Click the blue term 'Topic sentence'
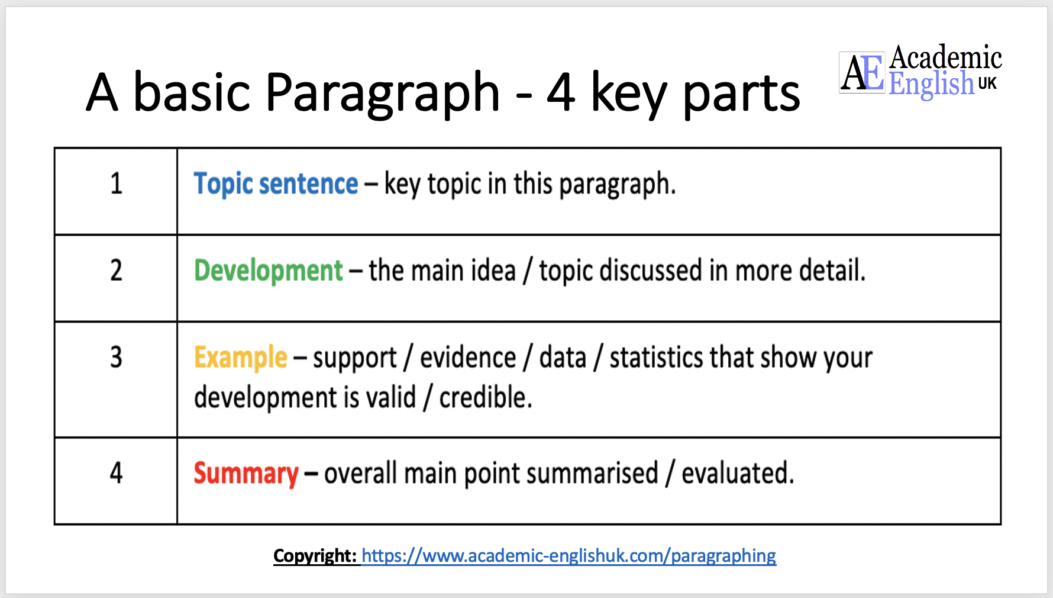(276, 184)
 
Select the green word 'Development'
(269, 271)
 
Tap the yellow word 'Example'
(240, 358)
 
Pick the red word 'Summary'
(246, 474)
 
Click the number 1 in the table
(117, 184)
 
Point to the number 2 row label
(117, 271)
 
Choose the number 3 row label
(117, 358)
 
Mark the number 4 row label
(117, 474)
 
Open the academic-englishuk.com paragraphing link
(569, 556)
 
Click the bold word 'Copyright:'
(315, 556)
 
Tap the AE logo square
(862, 73)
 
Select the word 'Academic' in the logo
(945, 58)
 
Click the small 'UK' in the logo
(987, 83)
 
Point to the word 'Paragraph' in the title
(383, 92)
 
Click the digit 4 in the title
(560, 92)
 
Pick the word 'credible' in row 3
(484, 397)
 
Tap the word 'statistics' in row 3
(656, 358)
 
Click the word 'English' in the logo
(931, 83)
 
